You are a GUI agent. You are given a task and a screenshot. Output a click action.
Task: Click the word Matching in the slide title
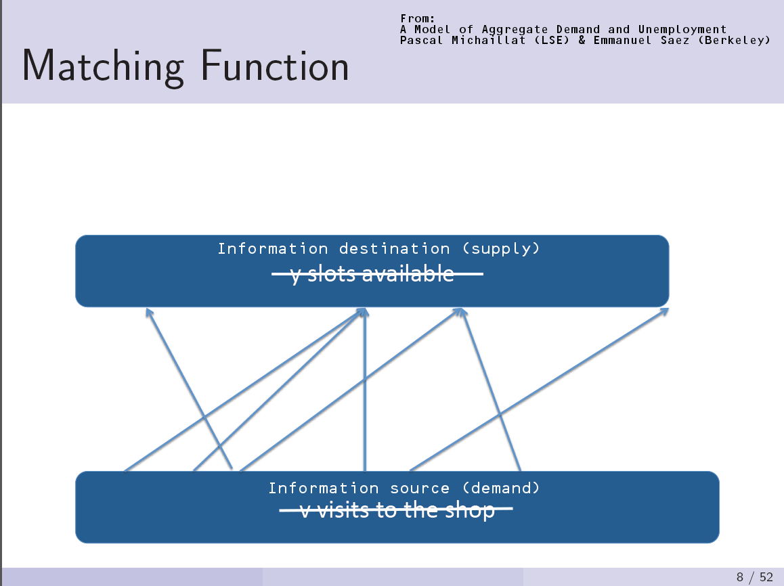click(102, 67)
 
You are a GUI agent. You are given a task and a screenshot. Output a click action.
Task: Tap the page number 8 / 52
click(754, 577)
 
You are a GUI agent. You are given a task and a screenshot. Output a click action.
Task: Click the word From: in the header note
click(417, 18)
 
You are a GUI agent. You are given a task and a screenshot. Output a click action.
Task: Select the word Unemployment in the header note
click(682, 29)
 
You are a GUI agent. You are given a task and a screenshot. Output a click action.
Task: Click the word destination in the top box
click(394, 248)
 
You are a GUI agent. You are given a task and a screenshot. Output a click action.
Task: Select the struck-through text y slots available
click(372, 274)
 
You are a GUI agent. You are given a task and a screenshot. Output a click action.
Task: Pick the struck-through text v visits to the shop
click(397, 510)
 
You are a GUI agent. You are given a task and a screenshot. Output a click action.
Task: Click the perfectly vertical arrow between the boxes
click(365, 392)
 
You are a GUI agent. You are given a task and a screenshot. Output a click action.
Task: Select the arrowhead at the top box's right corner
click(665, 311)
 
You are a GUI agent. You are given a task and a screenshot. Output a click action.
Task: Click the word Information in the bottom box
click(324, 488)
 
